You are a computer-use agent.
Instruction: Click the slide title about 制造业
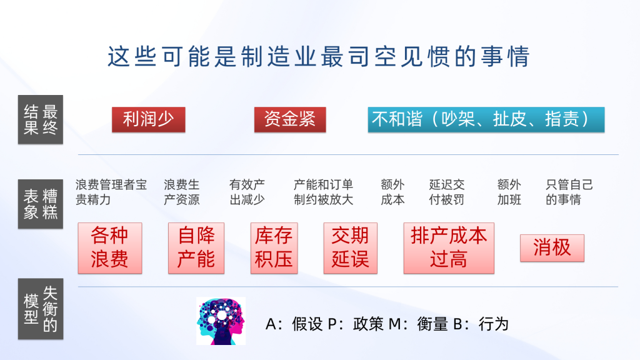click(318, 56)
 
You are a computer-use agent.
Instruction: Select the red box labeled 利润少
click(149, 119)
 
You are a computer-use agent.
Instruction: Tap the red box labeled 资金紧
click(290, 119)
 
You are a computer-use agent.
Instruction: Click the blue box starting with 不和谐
click(486, 119)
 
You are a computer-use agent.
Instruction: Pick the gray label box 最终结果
click(41, 119)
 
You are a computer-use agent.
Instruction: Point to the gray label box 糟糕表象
click(41, 204)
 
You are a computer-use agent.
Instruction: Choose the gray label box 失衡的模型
click(41, 309)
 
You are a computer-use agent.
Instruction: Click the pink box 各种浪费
click(110, 247)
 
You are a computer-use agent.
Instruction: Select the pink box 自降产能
click(196, 247)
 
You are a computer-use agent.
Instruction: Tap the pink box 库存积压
click(274, 247)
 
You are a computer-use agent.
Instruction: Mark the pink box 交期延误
click(350, 247)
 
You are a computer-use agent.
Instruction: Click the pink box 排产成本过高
click(449, 247)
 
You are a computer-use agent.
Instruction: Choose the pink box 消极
click(552, 247)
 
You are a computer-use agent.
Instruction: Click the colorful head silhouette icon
click(221, 321)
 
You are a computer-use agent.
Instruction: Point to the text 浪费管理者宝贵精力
click(111, 192)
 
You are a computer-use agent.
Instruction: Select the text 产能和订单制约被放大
click(323, 192)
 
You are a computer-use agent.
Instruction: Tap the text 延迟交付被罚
click(447, 192)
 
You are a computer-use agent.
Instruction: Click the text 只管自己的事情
click(569, 192)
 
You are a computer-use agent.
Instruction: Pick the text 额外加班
click(509, 192)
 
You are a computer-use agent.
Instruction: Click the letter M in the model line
click(395, 324)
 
